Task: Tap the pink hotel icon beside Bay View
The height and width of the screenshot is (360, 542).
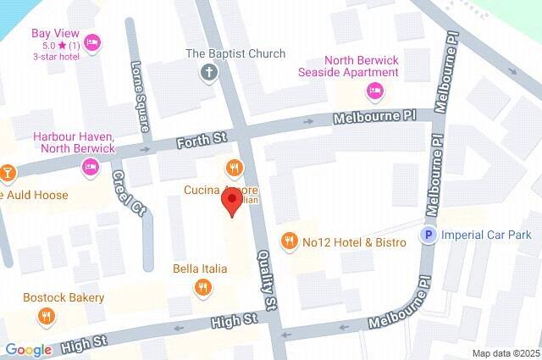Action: pyautogui.click(x=93, y=42)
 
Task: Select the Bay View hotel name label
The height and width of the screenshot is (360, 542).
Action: pyautogui.click(x=50, y=33)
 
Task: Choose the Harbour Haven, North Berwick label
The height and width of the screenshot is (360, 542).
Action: pyautogui.click(x=74, y=142)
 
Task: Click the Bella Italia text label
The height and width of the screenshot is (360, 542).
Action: pyautogui.click(x=200, y=269)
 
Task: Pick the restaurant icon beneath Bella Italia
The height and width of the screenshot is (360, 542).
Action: pyautogui.click(x=202, y=288)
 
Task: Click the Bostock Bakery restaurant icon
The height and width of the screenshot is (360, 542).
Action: pyautogui.click(x=47, y=317)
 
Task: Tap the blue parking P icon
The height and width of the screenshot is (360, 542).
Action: pyautogui.click(x=429, y=235)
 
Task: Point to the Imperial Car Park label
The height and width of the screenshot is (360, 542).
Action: pyautogui.click(x=487, y=235)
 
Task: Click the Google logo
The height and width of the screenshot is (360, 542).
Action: pyautogui.click(x=28, y=350)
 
